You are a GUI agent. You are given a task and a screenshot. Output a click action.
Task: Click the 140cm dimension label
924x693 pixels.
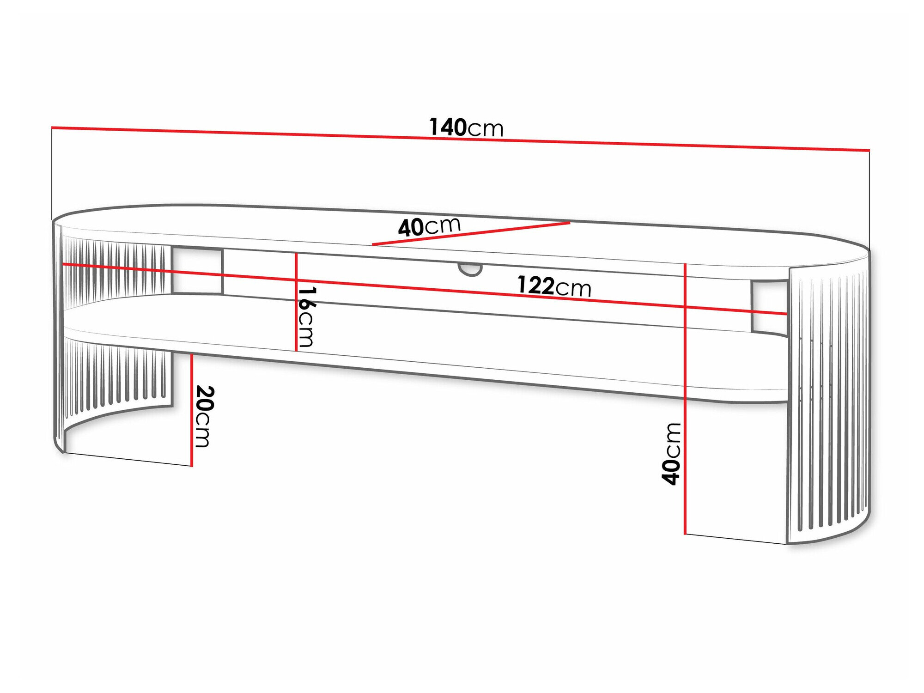tap(466, 127)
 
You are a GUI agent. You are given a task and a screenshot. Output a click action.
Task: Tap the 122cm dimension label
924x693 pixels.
tap(553, 286)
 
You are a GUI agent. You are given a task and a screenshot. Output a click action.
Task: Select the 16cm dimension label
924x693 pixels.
tap(306, 317)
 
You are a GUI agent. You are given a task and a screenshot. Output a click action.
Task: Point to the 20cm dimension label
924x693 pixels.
tap(204, 416)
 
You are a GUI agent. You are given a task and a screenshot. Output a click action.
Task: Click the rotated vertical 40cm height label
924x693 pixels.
tap(671, 454)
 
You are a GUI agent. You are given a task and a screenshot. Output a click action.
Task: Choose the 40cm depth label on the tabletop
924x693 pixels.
tap(429, 226)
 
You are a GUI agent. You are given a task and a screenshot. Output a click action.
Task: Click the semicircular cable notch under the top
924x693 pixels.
tap(470, 269)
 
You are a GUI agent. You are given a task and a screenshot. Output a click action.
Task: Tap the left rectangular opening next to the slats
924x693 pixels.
tap(197, 271)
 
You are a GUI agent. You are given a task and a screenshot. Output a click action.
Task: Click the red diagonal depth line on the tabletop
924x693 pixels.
tap(471, 233)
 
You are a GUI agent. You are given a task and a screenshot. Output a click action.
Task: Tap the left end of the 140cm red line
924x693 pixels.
tap(52, 127)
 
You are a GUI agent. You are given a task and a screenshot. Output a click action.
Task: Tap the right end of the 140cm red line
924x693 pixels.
tap(869, 150)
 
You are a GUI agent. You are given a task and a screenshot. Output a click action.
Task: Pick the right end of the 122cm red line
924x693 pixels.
tap(786, 314)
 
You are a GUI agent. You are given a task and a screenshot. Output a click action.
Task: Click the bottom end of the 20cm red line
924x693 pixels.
tap(191, 466)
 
